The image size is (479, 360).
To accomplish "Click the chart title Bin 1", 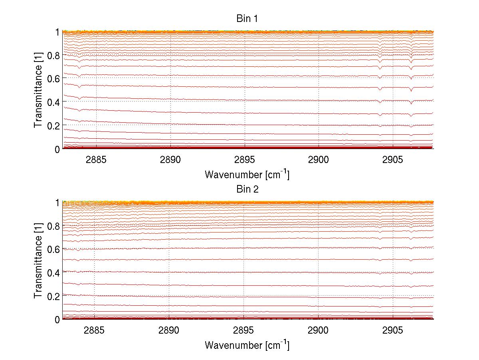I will tap(247, 19).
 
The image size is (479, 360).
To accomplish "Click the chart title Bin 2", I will tap(247, 189).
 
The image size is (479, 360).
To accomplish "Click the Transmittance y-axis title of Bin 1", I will tap(38, 90).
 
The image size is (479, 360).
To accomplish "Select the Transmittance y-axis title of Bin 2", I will tap(38, 261).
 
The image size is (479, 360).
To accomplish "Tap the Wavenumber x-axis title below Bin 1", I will tap(247, 174).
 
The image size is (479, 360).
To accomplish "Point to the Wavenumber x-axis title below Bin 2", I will tap(247, 345).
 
